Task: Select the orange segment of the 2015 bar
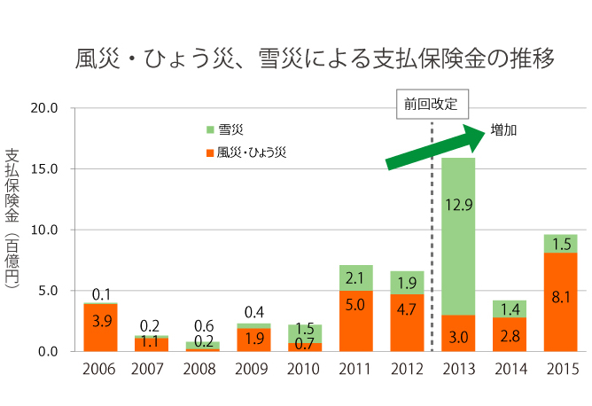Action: pos(560,301)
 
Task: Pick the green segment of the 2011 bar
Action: pos(355,277)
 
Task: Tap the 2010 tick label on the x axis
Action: pos(304,368)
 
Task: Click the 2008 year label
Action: pos(201,368)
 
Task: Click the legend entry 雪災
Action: pos(230,129)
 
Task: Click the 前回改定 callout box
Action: pos(431,103)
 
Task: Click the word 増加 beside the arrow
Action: pos(503,129)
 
